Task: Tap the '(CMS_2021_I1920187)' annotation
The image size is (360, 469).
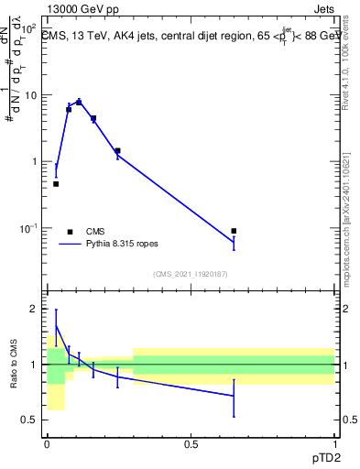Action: [x=190, y=273]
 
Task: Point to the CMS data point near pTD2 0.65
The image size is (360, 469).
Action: [x=234, y=231]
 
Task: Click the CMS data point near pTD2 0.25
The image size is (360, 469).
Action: [x=117, y=150]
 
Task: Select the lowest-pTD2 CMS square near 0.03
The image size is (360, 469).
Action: [x=56, y=184]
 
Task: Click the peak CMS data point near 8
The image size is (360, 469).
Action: [x=79, y=103]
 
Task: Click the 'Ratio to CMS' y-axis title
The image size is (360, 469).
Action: [x=14, y=366]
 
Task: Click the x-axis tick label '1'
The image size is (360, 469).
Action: [x=333, y=444]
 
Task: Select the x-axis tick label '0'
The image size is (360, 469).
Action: [x=48, y=444]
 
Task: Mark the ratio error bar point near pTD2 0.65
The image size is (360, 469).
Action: [x=234, y=396]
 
